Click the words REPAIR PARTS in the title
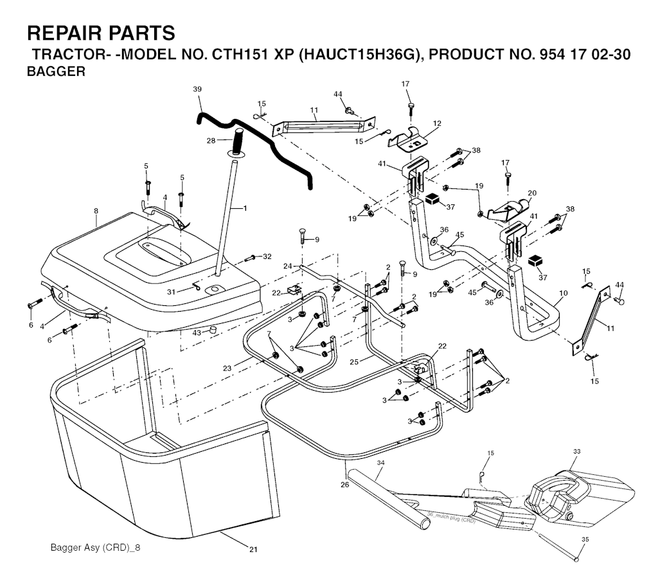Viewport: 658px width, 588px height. click(100, 33)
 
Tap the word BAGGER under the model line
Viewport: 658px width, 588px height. click(56, 72)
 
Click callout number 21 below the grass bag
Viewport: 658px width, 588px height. click(253, 549)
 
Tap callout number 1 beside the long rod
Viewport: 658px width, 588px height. click(244, 208)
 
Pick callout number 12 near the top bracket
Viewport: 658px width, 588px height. click(438, 123)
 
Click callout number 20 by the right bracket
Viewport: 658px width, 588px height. click(531, 192)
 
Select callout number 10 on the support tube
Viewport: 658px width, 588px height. click(563, 294)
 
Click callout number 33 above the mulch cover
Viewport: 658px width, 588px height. click(576, 452)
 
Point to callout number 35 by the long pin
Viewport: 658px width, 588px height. click(583, 539)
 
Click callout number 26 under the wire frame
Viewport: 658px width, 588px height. click(344, 485)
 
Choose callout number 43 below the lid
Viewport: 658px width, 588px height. click(197, 332)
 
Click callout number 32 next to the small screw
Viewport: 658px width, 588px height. click(267, 256)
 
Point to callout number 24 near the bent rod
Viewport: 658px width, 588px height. click(287, 265)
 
